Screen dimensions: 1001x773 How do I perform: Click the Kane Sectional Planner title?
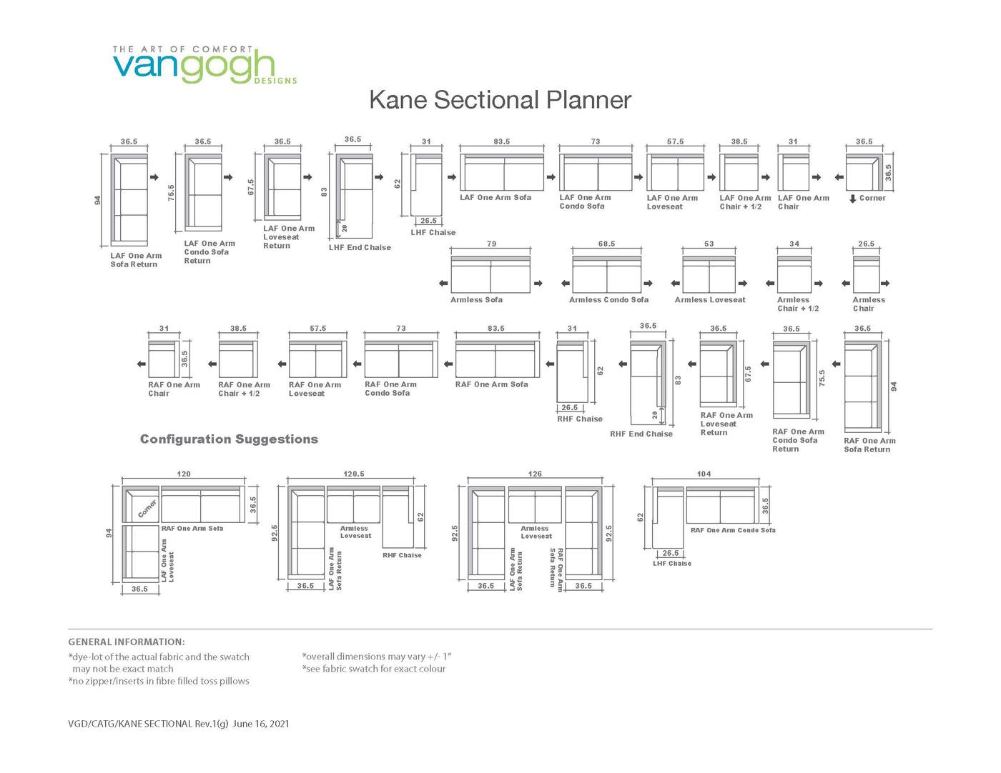coord(500,100)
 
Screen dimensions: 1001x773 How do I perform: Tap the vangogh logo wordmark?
coord(193,66)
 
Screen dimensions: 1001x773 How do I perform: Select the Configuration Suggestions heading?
coord(229,439)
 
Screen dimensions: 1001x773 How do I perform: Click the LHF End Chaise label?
coord(360,248)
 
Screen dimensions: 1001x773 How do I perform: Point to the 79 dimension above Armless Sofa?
coord(491,244)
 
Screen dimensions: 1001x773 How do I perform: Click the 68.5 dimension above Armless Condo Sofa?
coord(606,244)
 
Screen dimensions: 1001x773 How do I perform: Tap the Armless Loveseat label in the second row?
coord(709,300)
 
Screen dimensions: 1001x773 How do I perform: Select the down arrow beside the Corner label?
coord(852,199)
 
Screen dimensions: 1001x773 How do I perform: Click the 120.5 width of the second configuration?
coord(354,474)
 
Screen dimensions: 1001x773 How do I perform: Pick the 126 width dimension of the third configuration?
coord(535,474)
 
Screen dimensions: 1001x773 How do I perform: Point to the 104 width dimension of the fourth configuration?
coord(704,474)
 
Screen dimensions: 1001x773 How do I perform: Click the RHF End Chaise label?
coord(641,434)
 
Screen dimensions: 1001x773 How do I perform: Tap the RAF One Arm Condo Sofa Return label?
coord(798,440)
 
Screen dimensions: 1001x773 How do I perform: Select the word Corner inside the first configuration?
coord(147,509)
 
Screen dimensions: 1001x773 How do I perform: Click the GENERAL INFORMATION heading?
coord(127,642)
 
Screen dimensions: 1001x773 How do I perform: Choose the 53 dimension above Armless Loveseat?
coord(709,244)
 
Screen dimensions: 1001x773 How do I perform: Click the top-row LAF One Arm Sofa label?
coord(495,198)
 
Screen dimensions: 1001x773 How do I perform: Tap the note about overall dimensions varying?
coord(377,657)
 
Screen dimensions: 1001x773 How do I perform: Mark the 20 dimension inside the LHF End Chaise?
coord(344,229)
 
